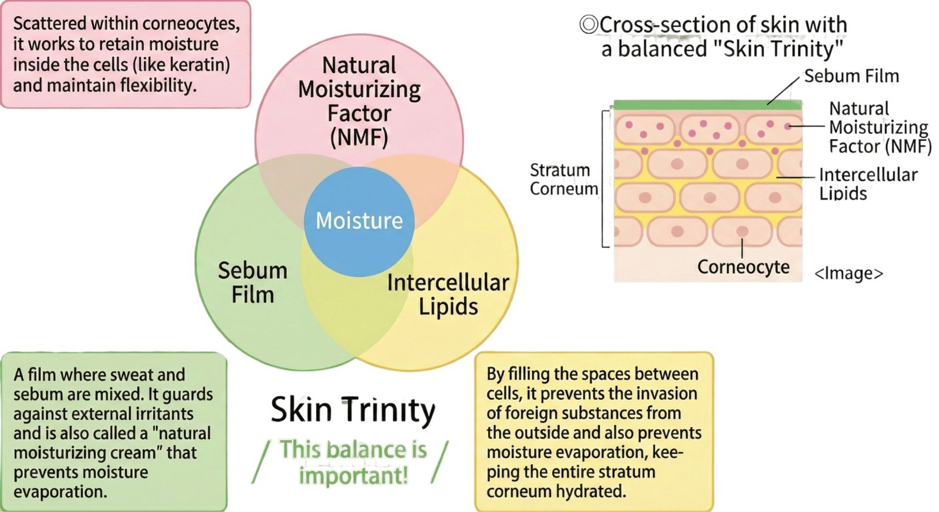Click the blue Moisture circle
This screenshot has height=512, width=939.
click(x=359, y=221)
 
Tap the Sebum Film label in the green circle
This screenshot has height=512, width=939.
click(x=252, y=282)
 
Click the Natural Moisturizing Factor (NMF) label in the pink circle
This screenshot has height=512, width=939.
click(x=359, y=101)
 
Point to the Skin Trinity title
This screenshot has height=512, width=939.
click(x=353, y=410)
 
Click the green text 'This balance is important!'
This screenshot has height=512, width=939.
click(x=353, y=462)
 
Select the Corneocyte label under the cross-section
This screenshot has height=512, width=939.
click(x=743, y=267)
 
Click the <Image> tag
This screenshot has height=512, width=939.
click(x=849, y=274)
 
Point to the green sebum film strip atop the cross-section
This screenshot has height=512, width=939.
click(x=707, y=105)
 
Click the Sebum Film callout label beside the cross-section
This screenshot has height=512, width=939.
click(x=851, y=76)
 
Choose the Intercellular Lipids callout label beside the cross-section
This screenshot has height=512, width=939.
click(x=867, y=184)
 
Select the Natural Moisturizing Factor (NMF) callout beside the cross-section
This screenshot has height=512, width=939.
click(x=879, y=127)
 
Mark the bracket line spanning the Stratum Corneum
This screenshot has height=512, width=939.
click(x=603, y=179)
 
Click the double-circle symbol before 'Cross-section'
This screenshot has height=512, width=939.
click(x=588, y=25)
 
